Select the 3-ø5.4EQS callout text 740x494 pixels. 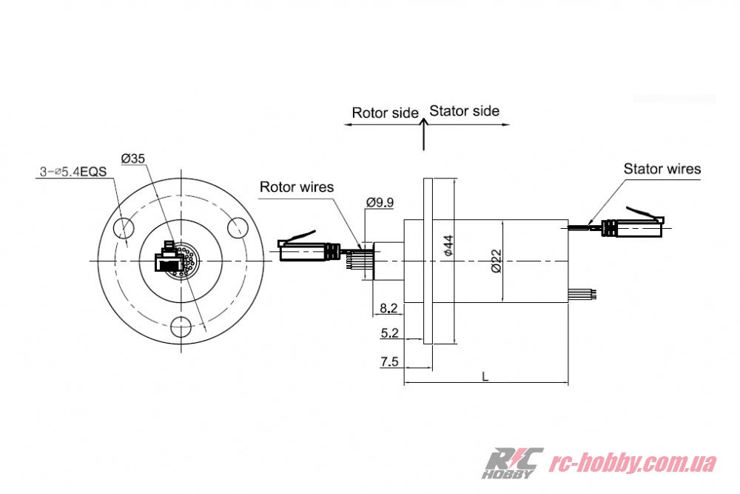[73, 172]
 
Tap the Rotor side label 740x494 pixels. [385, 113]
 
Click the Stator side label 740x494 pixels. [465, 111]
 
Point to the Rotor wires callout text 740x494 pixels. [296, 187]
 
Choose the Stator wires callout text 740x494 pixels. [662, 169]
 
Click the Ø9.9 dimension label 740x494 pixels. [381, 201]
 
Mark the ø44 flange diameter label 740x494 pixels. [447, 247]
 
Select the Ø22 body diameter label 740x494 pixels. [497, 260]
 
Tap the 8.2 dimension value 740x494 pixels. [388, 307]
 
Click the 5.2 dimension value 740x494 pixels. [389, 334]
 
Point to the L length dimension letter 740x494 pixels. [485, 376]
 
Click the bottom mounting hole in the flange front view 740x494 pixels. [180, 326]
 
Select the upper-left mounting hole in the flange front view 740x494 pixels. [124, 227]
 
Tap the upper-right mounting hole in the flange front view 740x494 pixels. [237, 227]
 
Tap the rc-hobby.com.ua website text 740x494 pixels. [635, 464]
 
